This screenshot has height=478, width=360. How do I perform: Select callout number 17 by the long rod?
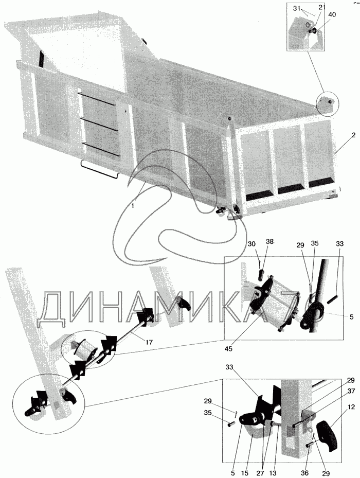coord(149,342)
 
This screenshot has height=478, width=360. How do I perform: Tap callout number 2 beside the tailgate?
coord(353,135)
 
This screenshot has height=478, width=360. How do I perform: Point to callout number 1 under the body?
coord(133,205)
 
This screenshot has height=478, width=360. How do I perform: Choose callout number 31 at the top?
coord(297,9)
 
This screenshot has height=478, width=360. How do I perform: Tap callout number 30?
coord(251,244)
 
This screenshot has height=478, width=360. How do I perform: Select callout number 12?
coord(351,407)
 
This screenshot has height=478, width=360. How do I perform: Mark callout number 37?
coord(351,391)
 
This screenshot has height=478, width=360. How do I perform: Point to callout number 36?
coord(304,473)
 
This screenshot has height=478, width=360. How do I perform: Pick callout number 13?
coord(273,473)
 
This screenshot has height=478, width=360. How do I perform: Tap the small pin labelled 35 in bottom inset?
coord(231,424)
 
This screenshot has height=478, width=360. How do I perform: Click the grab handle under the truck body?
coord(100,169)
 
